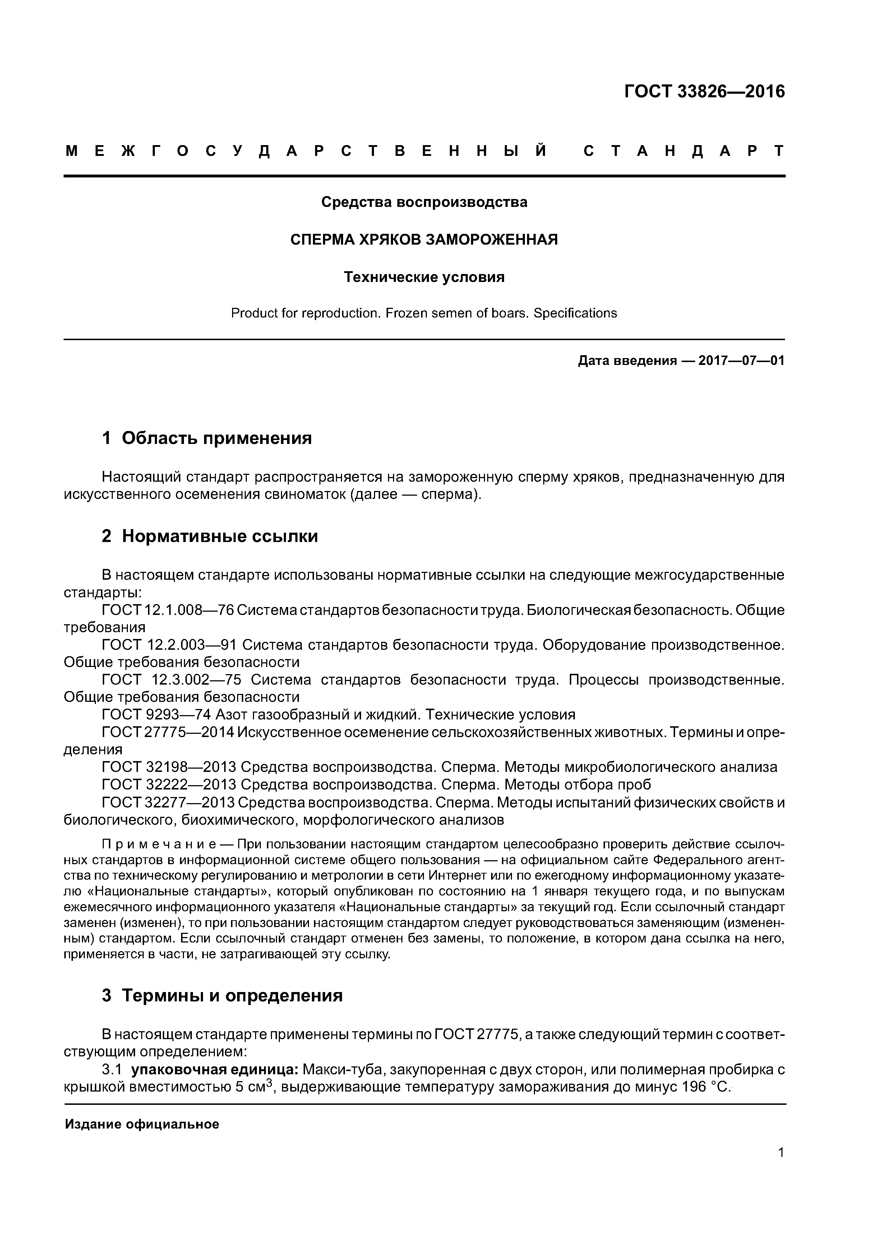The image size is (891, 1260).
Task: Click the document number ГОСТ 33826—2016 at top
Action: pos(704,92)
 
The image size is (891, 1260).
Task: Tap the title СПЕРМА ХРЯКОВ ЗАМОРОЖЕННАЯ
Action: pos(424,240)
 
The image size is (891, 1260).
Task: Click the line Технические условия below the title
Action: pos(424,277)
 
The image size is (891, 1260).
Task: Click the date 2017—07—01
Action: pos(741,361)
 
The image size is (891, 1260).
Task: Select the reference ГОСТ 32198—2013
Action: pos(168,767)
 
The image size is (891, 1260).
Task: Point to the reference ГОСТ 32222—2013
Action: pos(168,785)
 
